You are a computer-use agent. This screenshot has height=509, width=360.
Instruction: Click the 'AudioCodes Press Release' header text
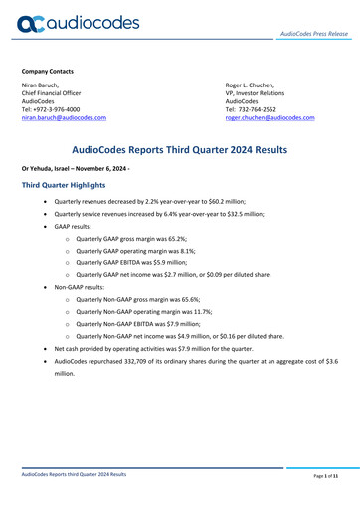click(x=312, y=33)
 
